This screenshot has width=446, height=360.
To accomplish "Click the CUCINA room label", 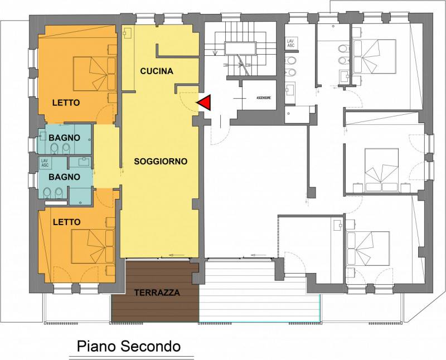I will pyautogui.click(x=157, y=71).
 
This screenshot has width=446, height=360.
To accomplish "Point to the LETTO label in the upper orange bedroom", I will pyautogui.click(x=66, y=103).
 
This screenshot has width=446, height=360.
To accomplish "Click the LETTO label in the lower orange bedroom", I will pyautogui.click(x=66, y=221).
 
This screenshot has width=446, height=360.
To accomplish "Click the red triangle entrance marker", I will pyautogui.click(x=203, y=103).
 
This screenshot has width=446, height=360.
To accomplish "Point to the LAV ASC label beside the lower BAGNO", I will pyautogui.click(x=45, y=163).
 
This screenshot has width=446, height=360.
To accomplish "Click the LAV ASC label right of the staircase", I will pyautogui.click(x=290, y=42).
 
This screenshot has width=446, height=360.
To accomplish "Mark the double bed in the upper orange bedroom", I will pyautogui.click(x=93, y=71).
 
